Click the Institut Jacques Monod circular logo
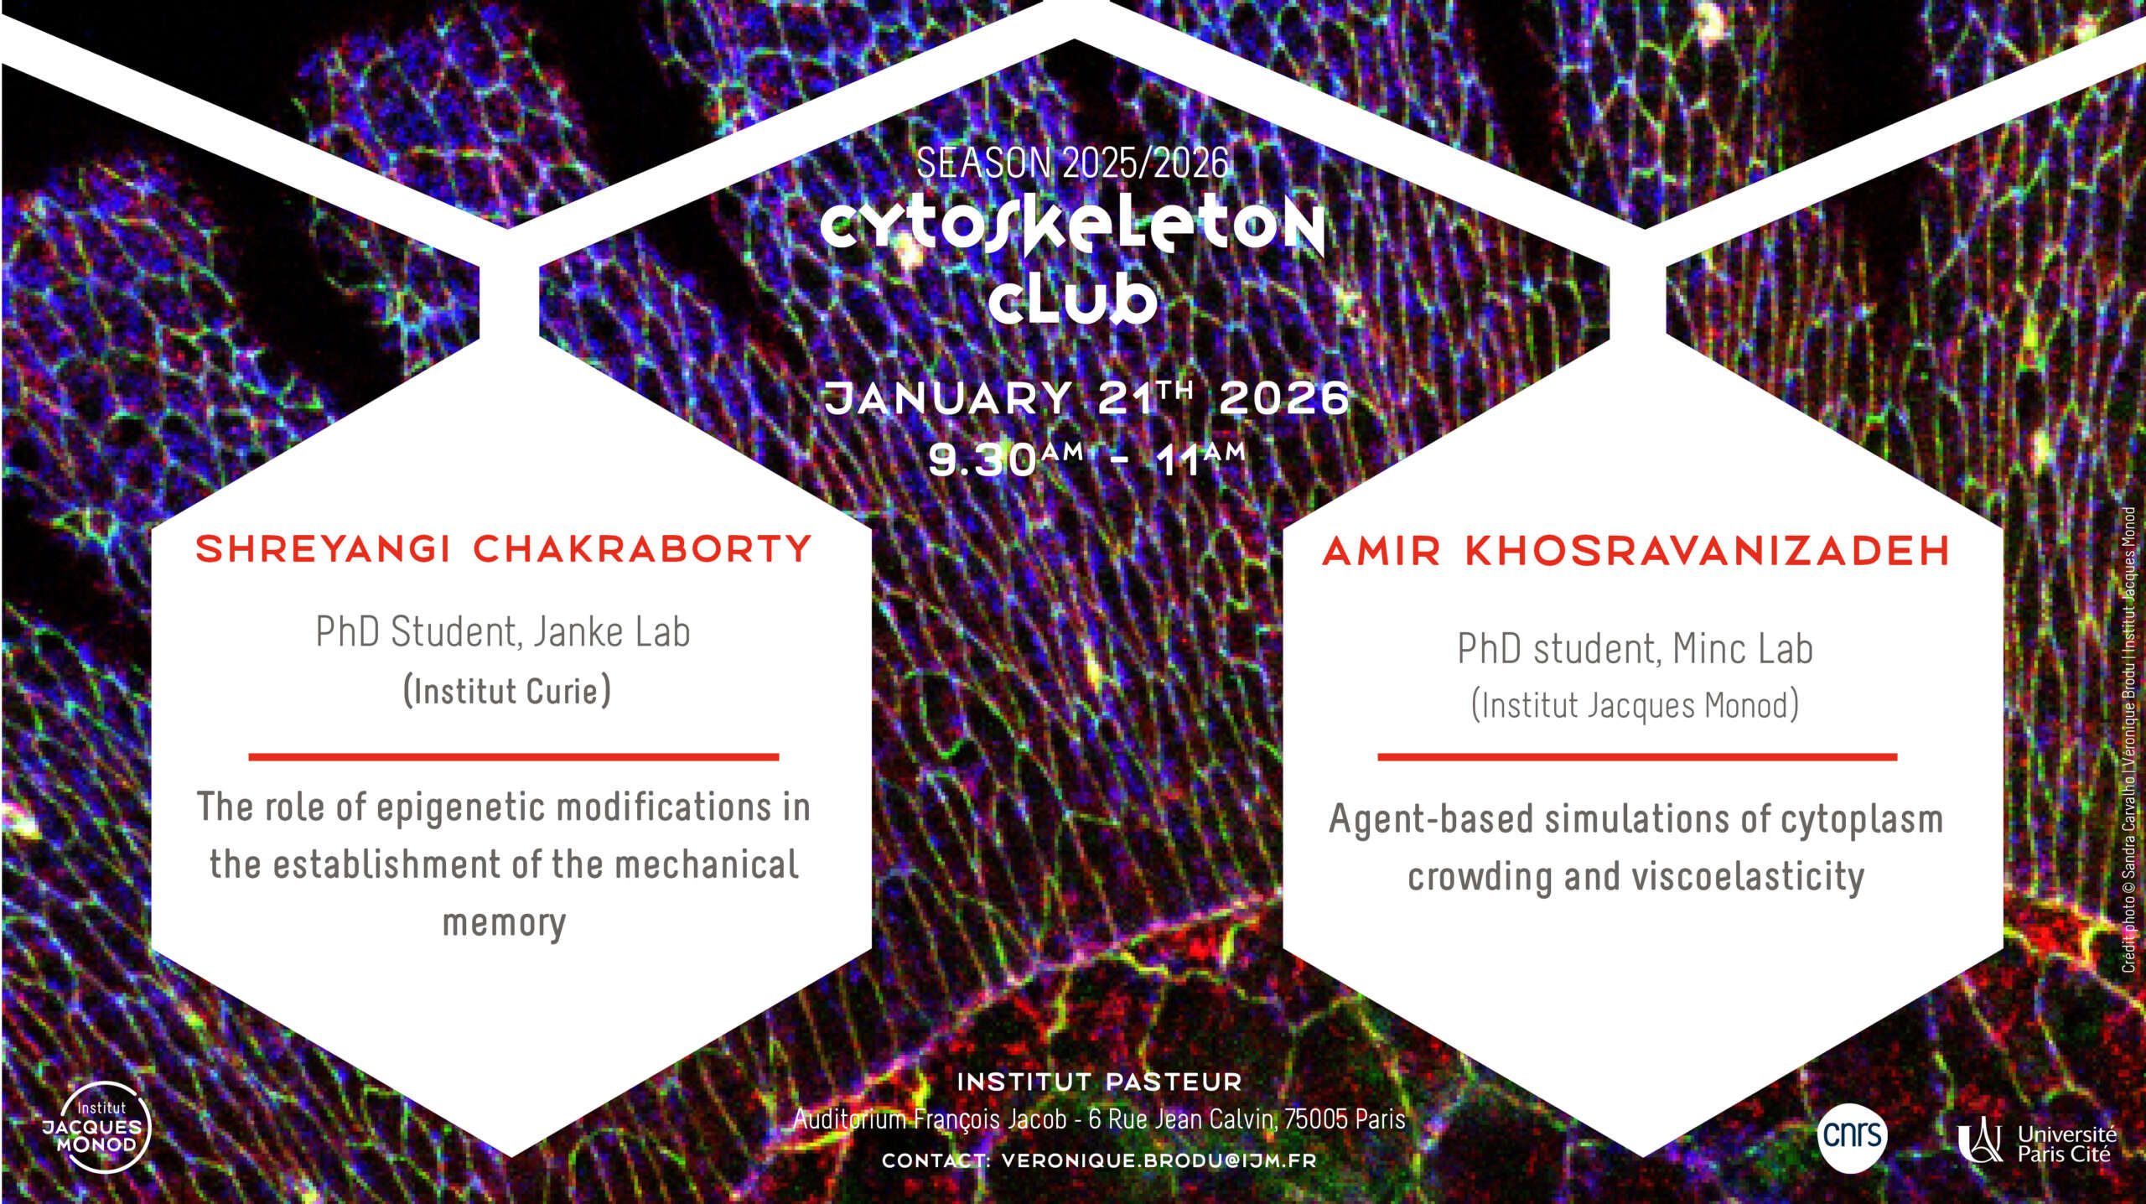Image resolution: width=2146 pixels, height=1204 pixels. coord(97,1127)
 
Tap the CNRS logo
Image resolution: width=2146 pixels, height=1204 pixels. coord(1852,1135)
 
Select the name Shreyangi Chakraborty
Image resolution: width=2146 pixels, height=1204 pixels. coord(504,549)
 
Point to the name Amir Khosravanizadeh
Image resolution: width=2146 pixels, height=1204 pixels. coord(1635,551)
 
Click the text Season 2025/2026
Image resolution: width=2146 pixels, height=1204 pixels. coord(1073,163)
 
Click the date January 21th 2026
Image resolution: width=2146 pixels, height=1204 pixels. coord(1087,397)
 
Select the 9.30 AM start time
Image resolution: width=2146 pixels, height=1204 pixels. coord(1006,458)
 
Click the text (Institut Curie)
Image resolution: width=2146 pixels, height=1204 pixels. coord(507,691)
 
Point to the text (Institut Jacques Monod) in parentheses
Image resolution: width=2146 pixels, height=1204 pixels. coord(1635,705)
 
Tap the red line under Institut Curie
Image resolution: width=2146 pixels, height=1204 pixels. coord(514,757)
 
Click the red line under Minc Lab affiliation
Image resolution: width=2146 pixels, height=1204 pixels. coord(1637,757)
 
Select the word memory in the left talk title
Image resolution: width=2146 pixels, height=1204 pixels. coord(505,923)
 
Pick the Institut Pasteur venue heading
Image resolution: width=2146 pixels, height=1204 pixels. coord(1099,1082)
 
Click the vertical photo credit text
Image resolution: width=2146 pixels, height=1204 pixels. coord(2129,740)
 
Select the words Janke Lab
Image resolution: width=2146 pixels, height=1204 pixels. coord(611,632)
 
